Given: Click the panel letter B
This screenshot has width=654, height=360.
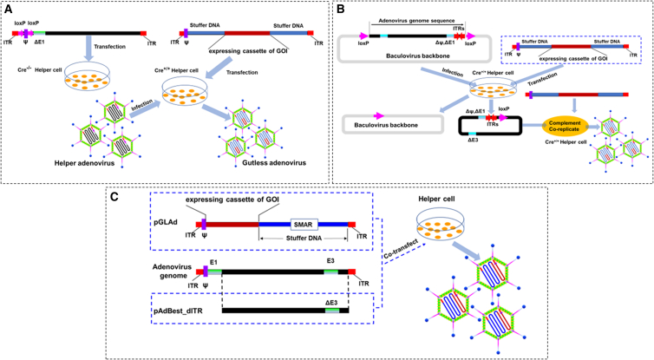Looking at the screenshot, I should point(340,9).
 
